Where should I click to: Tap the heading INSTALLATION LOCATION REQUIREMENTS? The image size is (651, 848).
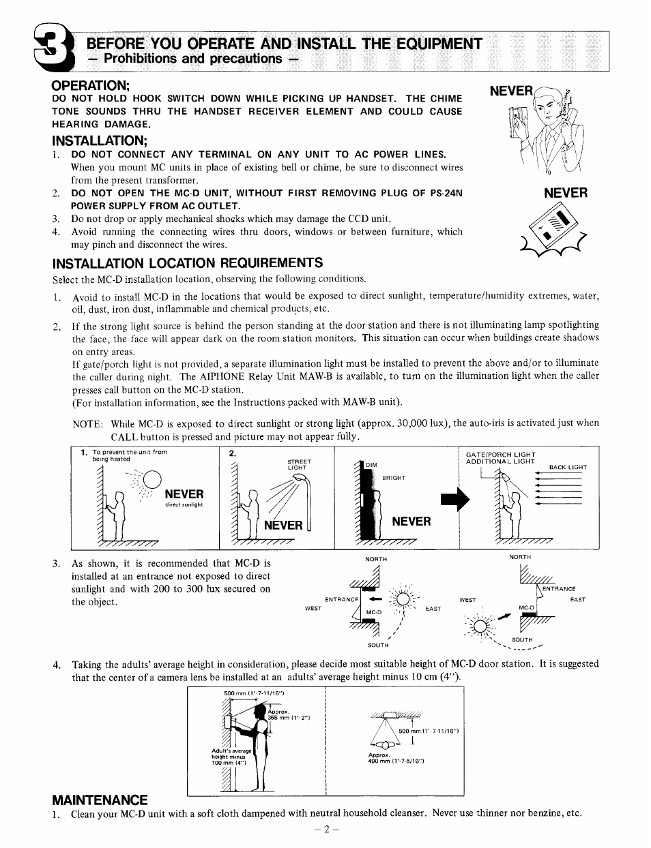click(x=188, y=263)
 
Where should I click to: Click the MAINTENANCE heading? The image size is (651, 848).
click(x=100, y=800)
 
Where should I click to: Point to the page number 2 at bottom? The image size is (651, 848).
click(x=326, y=830)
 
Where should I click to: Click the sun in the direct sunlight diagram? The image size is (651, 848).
click(x=151, y=478)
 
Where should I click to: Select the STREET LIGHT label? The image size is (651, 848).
click(x=299, y=464)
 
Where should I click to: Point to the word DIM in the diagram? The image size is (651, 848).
click(x=371, y=465)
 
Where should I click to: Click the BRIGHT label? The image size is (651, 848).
click(x=394, y=478)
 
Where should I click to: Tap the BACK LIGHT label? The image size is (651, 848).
click(x=568, y=467)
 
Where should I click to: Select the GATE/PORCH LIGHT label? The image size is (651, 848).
click(x=500, y=454)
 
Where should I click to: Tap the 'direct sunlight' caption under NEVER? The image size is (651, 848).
click(x=184, y=505)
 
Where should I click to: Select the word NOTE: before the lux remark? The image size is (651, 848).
click(x=87, y=423)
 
